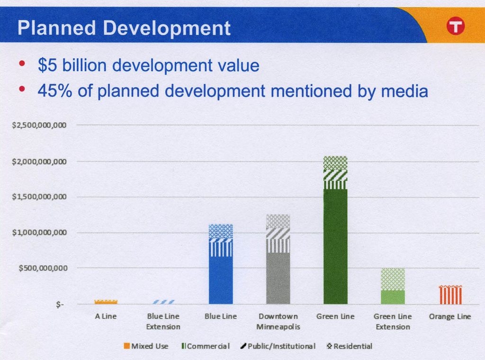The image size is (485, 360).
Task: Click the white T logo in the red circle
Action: (x=455, y=27)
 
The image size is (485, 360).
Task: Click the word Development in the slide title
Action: (x=167, y=28)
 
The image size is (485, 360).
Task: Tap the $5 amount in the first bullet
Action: (x=47, y=65)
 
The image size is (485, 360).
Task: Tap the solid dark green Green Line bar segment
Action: (x=335, y=246)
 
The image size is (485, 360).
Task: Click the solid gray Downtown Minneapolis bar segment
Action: (x=278, y=278)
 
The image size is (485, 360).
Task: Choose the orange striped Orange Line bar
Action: (x=450, y=295)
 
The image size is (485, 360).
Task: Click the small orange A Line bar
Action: (x=106, y=301)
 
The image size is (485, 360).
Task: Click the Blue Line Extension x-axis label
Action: (x=163, y=321)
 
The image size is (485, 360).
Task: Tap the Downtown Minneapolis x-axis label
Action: (x=278, y=321)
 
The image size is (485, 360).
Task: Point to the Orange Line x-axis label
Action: (x=450, y=316)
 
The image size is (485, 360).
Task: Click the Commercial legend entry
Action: (x=206, y=346)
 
